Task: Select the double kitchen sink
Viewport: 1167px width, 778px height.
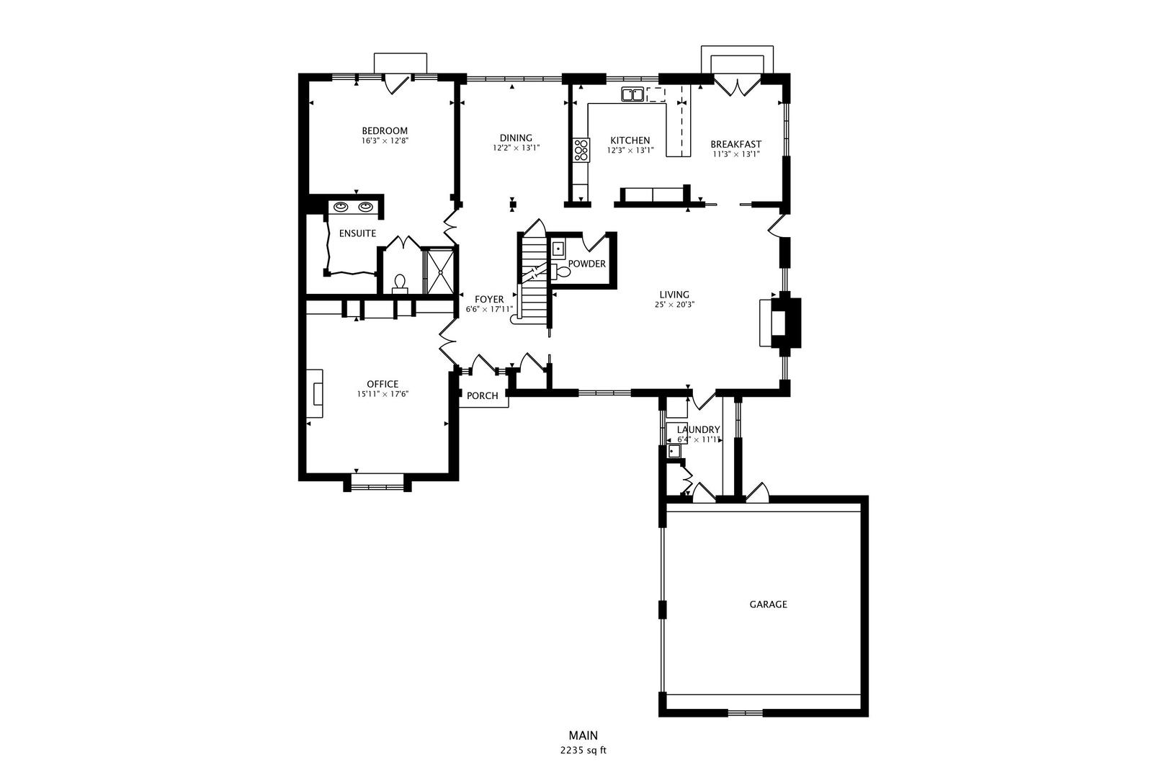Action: coord(632,94)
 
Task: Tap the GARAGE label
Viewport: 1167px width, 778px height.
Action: coord(768,604)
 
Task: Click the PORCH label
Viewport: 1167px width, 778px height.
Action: coord(482,395)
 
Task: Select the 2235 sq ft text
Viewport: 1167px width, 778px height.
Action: coord(583,750)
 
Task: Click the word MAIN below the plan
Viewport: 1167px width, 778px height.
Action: coord(583,735)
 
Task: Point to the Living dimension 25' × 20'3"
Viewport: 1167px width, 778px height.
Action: coord(674,304)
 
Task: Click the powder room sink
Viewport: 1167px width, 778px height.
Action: coord(558,249)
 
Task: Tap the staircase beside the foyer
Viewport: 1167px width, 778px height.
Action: coord(535,277)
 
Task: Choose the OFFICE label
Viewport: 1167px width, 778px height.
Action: coord(382,384)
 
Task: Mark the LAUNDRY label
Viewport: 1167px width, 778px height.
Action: coord(698,429)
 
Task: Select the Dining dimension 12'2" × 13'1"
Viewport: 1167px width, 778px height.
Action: coord(516,148)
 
